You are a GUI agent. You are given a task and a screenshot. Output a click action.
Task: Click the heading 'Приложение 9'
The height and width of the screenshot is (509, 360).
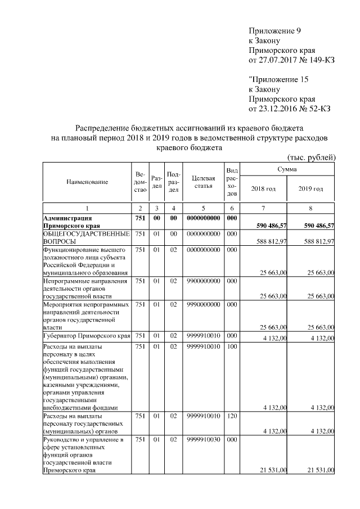(x=278, y=30)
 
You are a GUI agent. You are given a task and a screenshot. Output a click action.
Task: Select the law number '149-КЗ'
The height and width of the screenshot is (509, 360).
(x=321, y=60)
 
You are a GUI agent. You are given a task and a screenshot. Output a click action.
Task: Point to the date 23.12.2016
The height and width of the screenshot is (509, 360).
(x=276, y=109)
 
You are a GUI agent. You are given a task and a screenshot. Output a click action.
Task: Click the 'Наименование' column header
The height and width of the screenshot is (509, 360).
(x=87, y=182)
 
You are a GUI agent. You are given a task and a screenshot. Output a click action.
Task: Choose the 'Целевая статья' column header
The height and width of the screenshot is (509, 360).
(x=202, y=182)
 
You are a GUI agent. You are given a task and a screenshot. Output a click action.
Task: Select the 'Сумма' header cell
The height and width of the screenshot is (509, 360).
(x=287, y=169)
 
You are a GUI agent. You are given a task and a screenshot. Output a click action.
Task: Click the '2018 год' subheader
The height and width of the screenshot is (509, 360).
(x=263, y=188)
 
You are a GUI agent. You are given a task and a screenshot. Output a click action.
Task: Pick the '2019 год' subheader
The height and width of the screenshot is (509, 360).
(x=310, y=188)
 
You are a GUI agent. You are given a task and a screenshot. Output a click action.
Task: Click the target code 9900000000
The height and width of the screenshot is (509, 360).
(x=202, y=281)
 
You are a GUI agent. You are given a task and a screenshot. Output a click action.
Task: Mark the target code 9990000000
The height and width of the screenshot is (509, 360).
(x=202, y=304)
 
